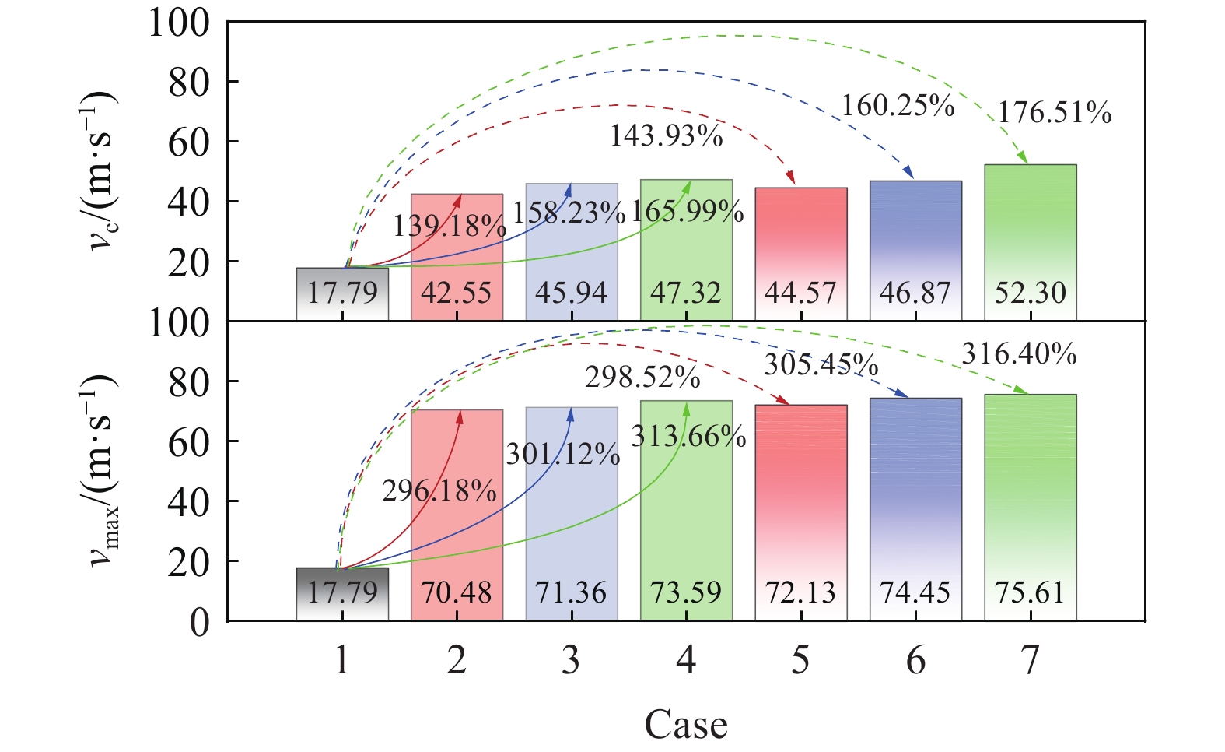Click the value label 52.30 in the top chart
(x=1030, y=293)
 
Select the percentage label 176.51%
(x=1055, y=113)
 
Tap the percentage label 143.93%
(x=666, y=136)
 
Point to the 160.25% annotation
(x=898, y=106)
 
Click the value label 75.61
(x=1030, y=593)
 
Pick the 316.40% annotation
(x=1019, y=354)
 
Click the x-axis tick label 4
(x=686, y=661)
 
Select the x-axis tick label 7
(x=1030, y=661)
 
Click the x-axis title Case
(x=685, y=725)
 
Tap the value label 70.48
(x=457, y=593)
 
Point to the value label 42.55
(x=457, y=293)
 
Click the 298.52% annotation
(x=642, y=378)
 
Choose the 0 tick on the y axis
(x=200, y=622)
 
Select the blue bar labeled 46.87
(x=915, y=234)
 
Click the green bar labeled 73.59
(x=686, y=498)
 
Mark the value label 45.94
(x=572, y=293)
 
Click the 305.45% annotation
(x=821, y=364)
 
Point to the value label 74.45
(x=915, y=593)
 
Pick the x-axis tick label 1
(x=342, y=661)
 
